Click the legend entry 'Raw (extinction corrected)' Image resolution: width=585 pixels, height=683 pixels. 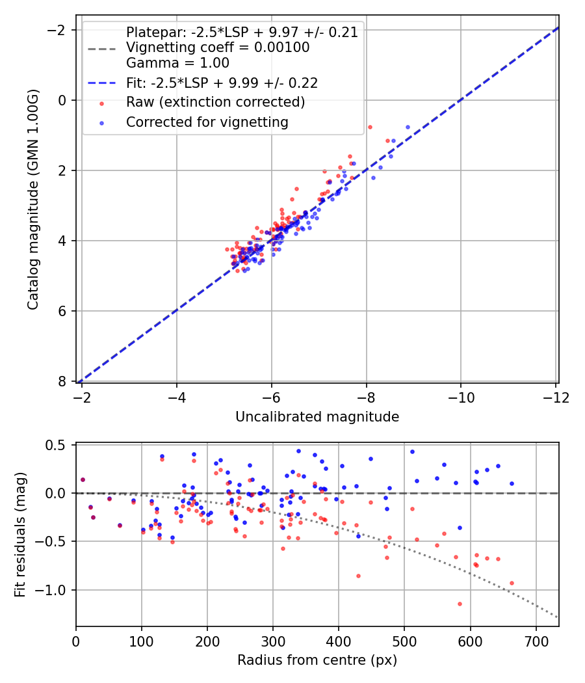tap(215, 102)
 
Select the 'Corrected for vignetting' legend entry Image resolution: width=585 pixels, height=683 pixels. tap(207, 122)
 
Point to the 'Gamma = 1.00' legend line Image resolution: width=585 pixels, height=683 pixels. tap(177, 63)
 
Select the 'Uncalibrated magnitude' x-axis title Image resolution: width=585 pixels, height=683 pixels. tap(317, 417)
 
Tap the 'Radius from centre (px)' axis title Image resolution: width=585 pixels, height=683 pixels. tap(317, 660)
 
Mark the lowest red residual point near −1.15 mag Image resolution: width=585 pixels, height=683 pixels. tap(460, 604)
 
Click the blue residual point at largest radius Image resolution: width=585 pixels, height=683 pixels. tap(512, 483)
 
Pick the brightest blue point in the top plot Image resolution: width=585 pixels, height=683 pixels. tap(408, 127)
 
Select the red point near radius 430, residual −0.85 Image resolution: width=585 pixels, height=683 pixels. tap(358, 576)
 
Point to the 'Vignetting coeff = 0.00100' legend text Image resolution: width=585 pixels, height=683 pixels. tap(218, 47)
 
